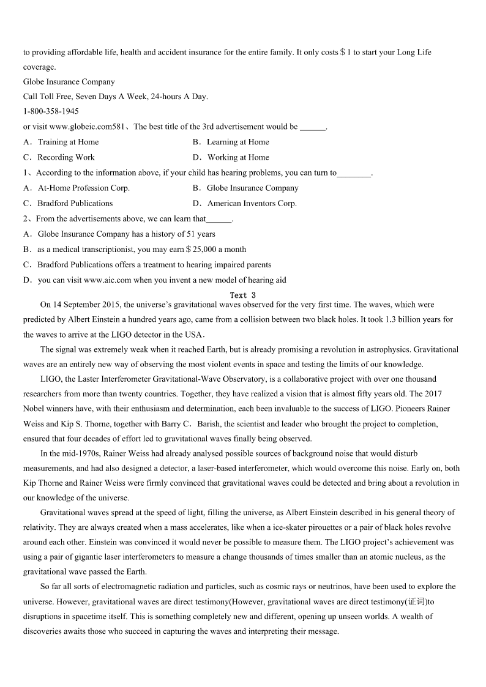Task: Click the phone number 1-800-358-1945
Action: tap(51, 111)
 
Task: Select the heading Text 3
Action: tap(242, 295)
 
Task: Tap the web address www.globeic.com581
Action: tap(84, 127)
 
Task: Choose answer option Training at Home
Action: tap(68, 142)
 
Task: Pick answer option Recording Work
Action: tap(66, 157)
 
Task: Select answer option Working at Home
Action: tap(238, 157)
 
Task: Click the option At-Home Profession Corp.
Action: tap(83, 188)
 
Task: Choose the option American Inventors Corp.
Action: tap(252, 203)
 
